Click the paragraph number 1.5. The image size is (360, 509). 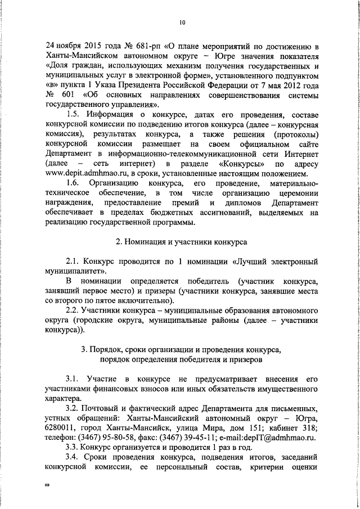[x=75, y=115]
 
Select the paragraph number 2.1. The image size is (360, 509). [x=74, y=262]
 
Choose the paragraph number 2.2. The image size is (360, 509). [x=74, y=310]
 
